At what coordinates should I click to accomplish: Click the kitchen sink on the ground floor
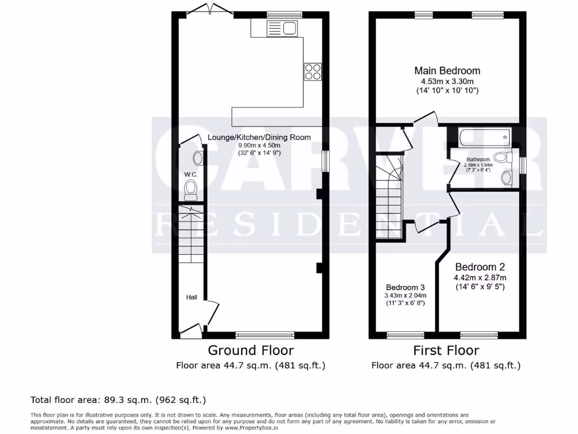282,28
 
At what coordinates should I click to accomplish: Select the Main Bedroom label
447,71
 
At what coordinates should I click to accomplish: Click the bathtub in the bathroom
485,137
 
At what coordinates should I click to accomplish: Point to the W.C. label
191,175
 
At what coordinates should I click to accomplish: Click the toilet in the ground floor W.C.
191,189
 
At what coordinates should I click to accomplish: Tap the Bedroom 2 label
480,267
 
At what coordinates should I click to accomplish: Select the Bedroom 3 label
405,287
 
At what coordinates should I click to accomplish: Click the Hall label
192,297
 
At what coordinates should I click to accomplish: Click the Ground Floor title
251,350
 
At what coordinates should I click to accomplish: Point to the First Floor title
446,350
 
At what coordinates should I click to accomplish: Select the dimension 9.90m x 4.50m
259,145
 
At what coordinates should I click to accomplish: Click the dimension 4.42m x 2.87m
480,277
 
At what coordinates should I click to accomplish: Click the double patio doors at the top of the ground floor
209,10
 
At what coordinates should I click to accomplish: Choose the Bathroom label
478,159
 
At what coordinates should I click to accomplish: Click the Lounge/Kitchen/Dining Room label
259,137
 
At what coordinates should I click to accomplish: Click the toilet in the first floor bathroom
500,158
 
